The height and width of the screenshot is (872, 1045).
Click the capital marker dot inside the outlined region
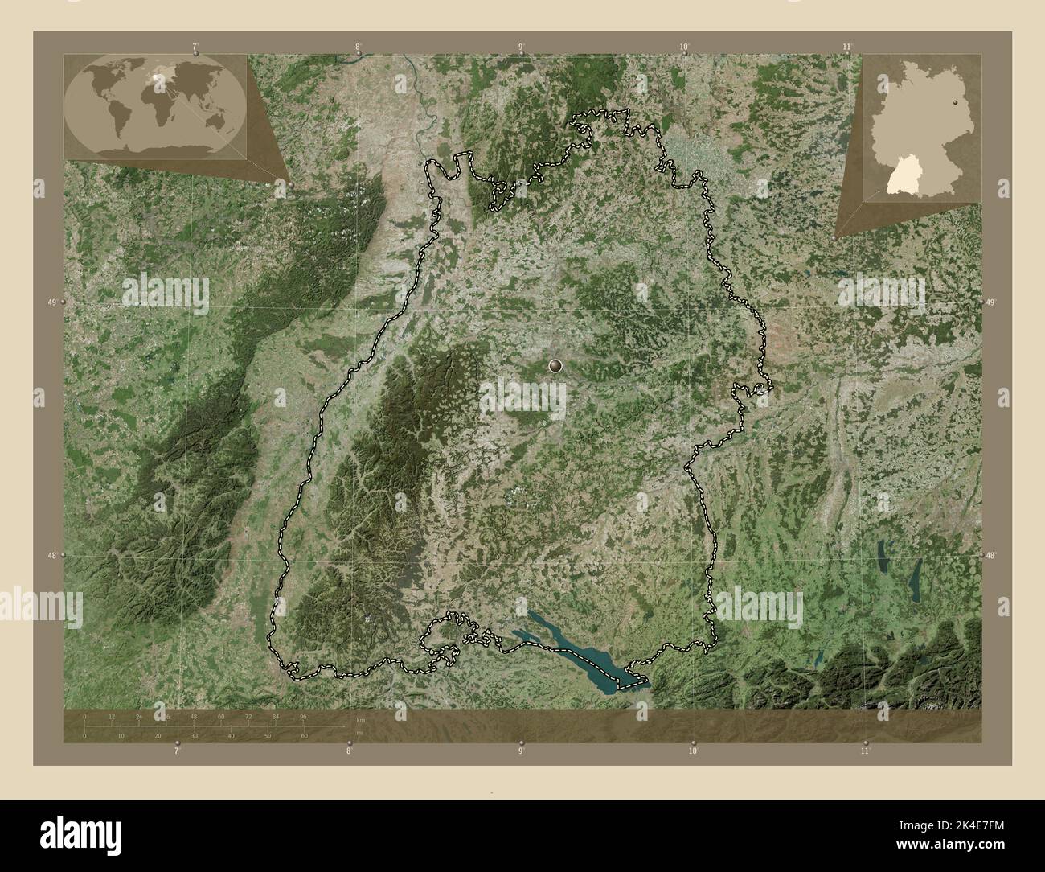click(x=555, y=366)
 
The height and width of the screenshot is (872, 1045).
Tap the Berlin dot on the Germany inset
click(x=955, y=102)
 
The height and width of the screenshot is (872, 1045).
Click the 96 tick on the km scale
click(x=303, y=716)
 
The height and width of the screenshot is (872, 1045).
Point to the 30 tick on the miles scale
click(x=194, y=735)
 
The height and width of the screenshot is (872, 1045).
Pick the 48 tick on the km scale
click(x=194, y=716)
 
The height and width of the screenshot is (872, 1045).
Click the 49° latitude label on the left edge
click(x=51, y=302)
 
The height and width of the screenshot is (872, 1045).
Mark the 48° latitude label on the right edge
click(x=990, y=555)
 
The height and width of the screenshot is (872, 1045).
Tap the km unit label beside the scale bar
click(x=360, y=720)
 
